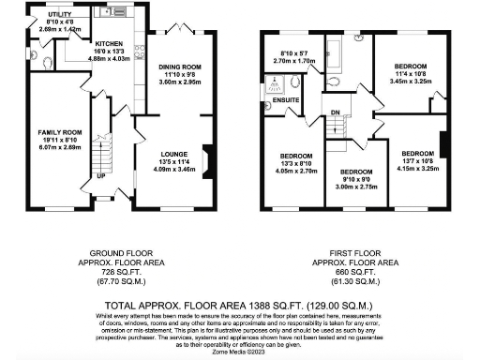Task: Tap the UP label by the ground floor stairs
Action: coord(100,175)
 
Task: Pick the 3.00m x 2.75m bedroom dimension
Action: coord(357,187)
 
